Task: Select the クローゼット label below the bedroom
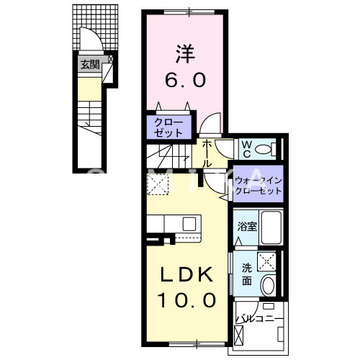click(x=170, y=127)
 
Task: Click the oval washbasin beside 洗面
click(x=269, y=284)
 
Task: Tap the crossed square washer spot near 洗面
click(x=266, y=262)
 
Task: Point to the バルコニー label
click(x=259, y=315)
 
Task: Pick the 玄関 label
click(x=89, y=65)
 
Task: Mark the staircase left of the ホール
click(x=169, y=157)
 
